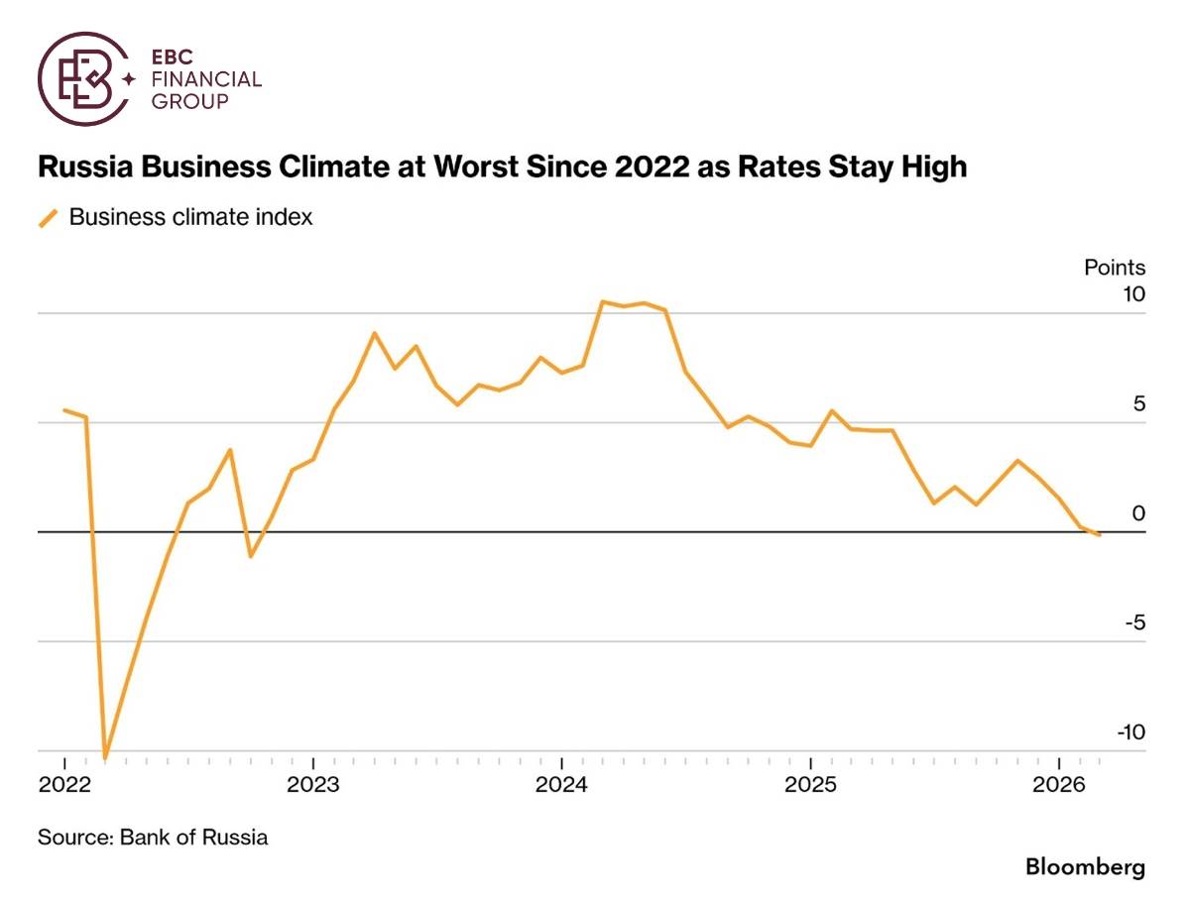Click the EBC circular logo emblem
(x=84, y=78)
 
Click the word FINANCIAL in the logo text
(x=204, y=79)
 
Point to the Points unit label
(x=1114, y=268)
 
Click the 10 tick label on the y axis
(x=1132, y=294)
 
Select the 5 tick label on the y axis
(x=1138, y=403)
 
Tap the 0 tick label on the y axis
(x=1138, y=512)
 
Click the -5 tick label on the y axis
(x=1133, y=622)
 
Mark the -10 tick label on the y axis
(x=1129, y=732)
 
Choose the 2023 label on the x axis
(x=313, y=786)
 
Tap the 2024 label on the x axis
(x=561, y=786)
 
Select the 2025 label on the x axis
(x=810, y=786)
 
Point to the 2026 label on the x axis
(x=1058, y=786)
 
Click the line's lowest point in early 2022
(x=105, y=756)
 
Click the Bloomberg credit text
(x=1085, y=867)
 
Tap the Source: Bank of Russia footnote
(x=153, y=837)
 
